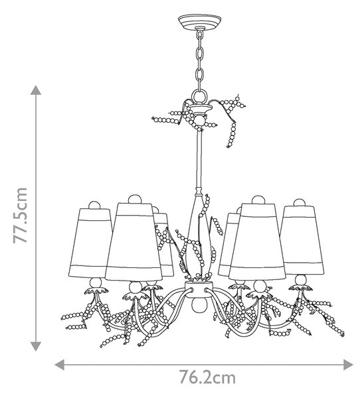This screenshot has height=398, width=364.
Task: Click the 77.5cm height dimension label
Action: (21, 215)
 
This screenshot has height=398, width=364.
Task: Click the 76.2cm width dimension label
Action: (207, 377)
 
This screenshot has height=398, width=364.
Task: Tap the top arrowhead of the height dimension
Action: (36, 90)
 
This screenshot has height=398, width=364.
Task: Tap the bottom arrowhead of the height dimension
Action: (36, 346)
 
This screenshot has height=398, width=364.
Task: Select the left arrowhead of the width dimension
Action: (60, 365)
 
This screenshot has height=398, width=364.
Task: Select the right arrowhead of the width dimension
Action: (348, 365)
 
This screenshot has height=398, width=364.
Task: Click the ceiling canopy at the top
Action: (199, 22)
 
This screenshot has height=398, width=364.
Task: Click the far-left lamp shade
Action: (90, 243)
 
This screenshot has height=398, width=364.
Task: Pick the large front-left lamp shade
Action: (134, 241)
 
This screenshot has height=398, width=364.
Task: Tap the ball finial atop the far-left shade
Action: (94, 205)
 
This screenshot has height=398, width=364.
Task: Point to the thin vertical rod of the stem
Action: (199, 160)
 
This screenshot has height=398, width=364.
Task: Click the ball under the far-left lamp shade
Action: (96, 283)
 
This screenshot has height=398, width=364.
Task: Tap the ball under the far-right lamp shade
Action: (301, 280)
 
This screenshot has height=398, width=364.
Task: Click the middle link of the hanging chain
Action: (200, 54)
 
